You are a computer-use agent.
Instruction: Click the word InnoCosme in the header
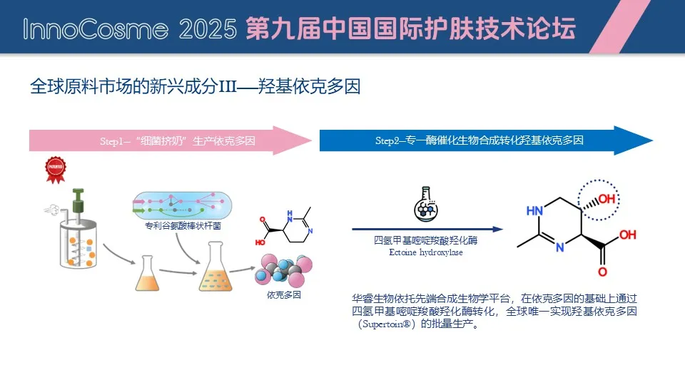(96, 29)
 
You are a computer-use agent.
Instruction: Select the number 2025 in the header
(208, 29)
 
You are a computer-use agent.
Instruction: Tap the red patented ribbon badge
(56, 170)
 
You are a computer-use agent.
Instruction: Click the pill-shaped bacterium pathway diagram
(182, 205)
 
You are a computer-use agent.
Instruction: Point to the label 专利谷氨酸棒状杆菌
(183, 226)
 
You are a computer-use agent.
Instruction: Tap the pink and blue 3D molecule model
(284, 270)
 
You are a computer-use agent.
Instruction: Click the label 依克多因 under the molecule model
(284, 295)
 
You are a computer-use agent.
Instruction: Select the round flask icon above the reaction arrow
(426, 205)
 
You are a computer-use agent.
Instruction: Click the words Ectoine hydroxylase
(426, 252)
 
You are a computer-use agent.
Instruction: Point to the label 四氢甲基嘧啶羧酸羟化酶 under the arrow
(426, 240)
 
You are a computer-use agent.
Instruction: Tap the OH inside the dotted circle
(607, 200)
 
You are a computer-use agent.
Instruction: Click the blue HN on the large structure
(534, 211)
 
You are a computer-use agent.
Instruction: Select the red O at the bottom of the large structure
(602, 272)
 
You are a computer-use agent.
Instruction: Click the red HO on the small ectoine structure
(260, 242)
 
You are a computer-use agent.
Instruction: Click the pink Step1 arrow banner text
(178, 141)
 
